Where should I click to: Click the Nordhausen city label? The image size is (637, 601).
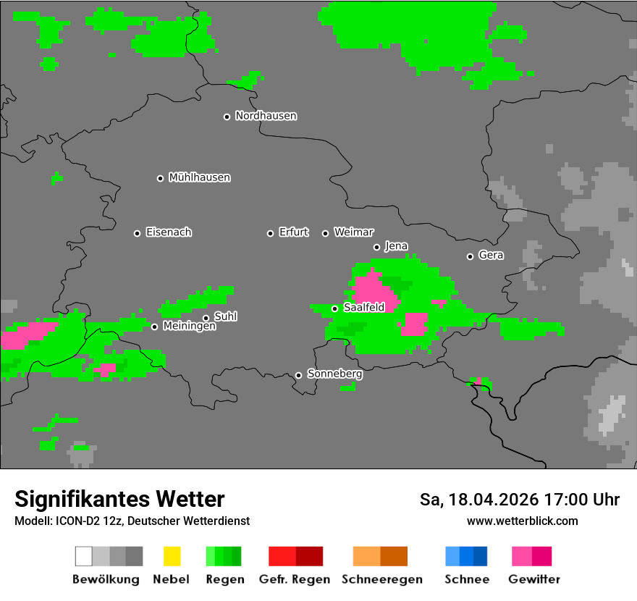tap(266, 116)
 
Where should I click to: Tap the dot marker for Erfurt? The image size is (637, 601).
tap(270, 233)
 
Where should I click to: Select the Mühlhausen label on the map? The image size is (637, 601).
tap(199, 177)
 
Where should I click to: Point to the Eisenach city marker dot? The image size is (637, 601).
tap(137, 233)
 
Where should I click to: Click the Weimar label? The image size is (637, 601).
tap(353, 232)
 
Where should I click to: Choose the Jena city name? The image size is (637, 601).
tap(396, 246)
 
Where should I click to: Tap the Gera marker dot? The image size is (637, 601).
tap(470, 256)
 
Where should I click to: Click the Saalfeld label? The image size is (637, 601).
tap(363, 308)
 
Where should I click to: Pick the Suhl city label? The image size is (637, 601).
tap(225, 316)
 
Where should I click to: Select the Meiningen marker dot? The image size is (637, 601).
tap(154, 327)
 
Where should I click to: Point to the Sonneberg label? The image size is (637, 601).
tap(334, 374)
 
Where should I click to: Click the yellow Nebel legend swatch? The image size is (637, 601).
tap(172, 556)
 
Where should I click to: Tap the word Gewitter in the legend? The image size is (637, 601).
tap(534, 579)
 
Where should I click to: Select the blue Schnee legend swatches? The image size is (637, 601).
tap(466, 556)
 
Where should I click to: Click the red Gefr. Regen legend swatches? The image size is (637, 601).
tap(295, 556)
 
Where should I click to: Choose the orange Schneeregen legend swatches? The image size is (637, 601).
tap(380, 556)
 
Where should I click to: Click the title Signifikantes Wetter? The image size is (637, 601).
tap(119, 499)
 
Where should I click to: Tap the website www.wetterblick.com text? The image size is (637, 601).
tap(522, 521)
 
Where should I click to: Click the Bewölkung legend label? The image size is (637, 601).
tap(106, 579)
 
